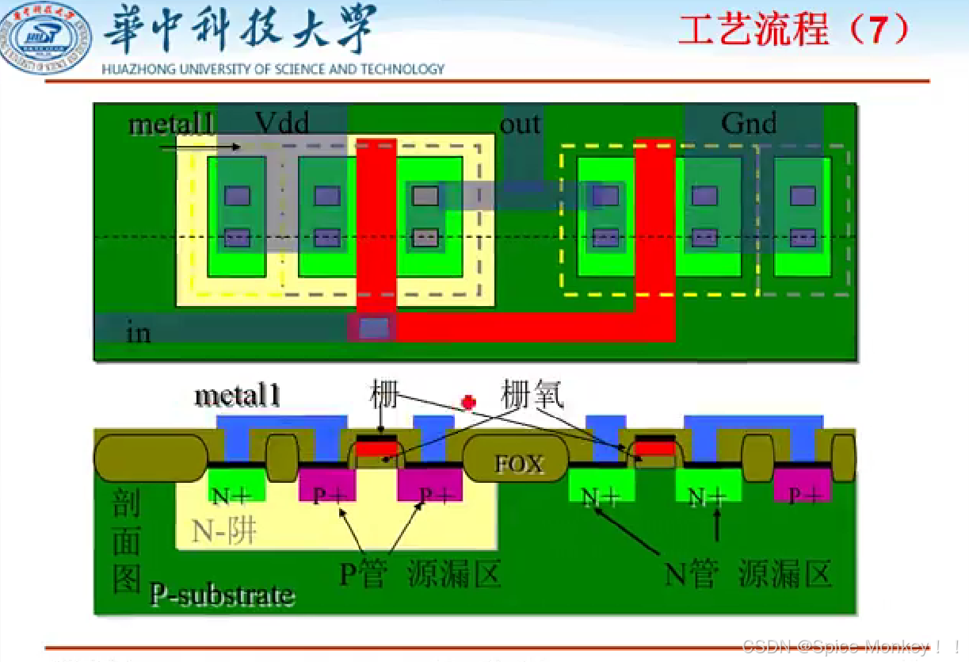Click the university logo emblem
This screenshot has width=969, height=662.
tap(46, 37)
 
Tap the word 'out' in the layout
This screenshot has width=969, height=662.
tap(521, 124)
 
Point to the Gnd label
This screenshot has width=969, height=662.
tap(749, 123)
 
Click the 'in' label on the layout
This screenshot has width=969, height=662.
tap(139, 331)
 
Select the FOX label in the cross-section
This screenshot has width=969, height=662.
tap(519, 464)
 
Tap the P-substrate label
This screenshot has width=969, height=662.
tap(222, 595)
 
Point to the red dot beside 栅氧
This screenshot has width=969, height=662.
tap(469, 402)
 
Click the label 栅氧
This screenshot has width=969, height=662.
tap(532, 394)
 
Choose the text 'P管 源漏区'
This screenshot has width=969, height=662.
tap(420, 573)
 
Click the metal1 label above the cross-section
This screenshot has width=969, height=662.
tap(237, 396)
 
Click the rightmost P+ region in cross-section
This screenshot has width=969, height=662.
tap(803, 493)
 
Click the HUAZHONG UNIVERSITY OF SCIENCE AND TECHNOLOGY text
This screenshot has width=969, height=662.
tap(273, 69)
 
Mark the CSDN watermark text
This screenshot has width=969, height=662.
tap(851, 647)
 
